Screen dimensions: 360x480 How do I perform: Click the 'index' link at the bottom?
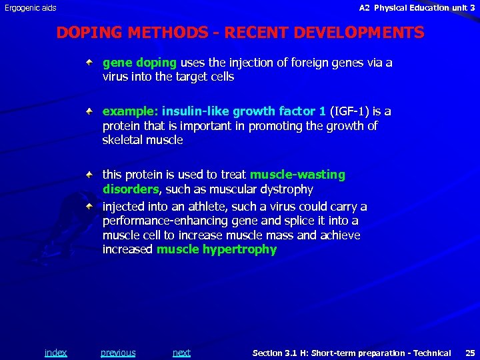(x=55, y=353)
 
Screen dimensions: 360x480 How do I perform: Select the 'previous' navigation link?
(x=118, y=353)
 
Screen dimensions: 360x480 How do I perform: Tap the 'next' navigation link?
(x=181, y=353)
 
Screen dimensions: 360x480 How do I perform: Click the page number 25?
(x=470, y=353)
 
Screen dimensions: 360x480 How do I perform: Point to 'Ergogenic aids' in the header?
(x=31, y=8)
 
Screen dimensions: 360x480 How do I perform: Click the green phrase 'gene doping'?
(x=139, y=63)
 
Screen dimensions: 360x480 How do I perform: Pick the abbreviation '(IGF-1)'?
(x=351, y=111)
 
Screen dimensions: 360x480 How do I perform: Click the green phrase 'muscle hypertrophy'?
(x=216, y=249)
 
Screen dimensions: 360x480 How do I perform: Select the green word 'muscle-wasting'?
(x=297, y=175)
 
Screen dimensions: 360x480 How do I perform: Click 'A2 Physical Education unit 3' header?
(x=417, y=8)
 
